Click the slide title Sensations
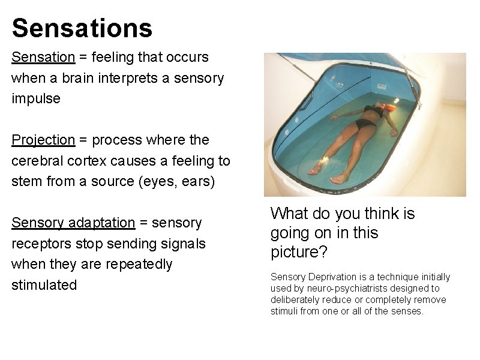coord(82,28)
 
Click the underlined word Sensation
coord(43,58)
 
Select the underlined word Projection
coord(43,140)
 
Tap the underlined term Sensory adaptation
coord(73,223)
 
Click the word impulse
coord(36,99)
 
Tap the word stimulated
coord(44,285)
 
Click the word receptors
coord(38,244)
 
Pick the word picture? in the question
coord(299,253)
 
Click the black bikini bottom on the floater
coord(364,124)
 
